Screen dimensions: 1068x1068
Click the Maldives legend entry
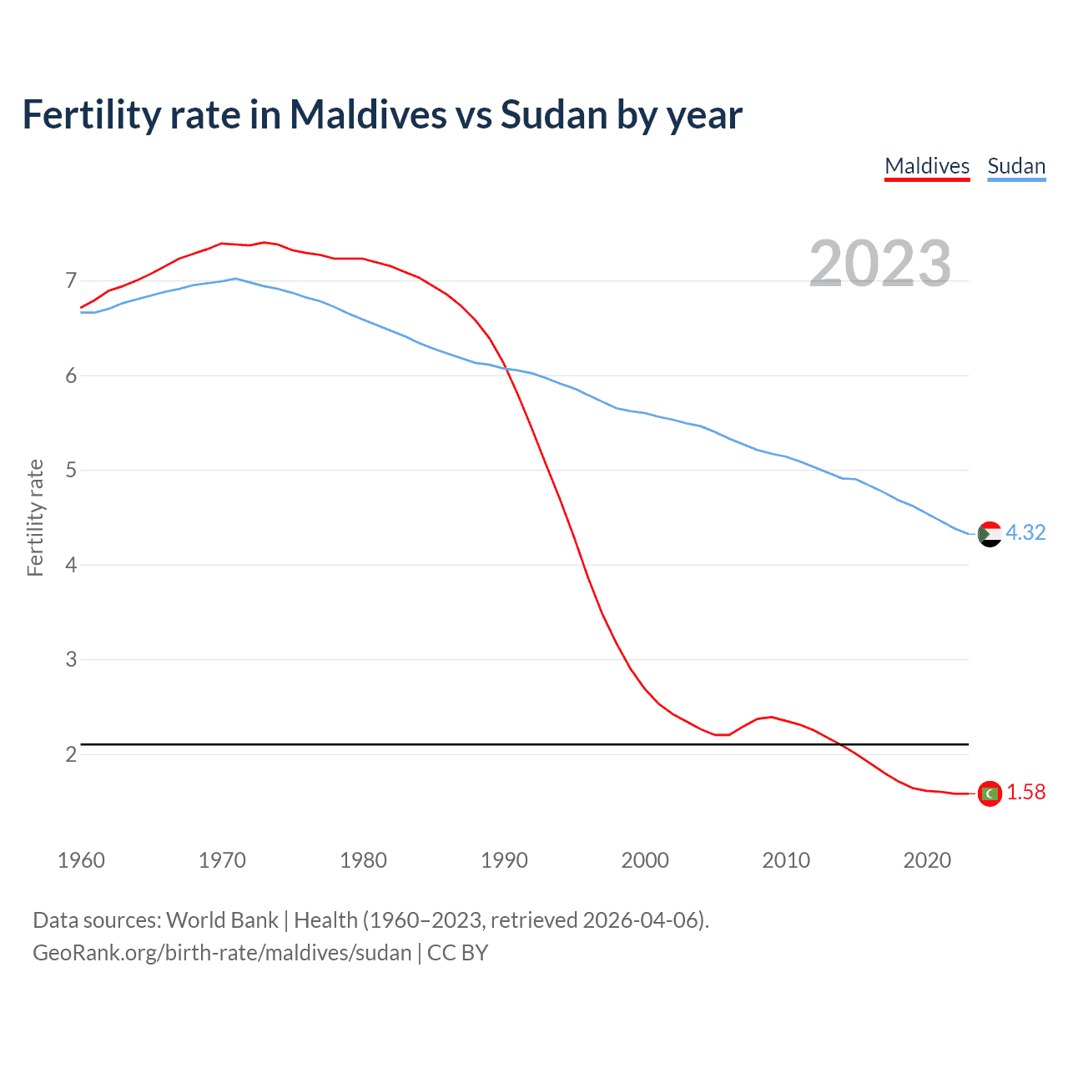coord(927,166)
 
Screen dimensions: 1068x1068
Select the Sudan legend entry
coord(1016,166)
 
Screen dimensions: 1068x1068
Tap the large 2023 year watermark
coord(880,264)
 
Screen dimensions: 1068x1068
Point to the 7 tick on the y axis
coord(71,281)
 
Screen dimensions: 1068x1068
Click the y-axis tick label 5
coord(71,471)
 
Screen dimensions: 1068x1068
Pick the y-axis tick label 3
coord(71,660)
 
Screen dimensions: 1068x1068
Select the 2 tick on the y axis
coord(71,754)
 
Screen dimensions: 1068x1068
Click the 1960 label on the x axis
coord(81,860)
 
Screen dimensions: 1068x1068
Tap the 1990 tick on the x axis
coord(504,860)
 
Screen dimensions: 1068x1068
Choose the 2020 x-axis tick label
coord(927,860)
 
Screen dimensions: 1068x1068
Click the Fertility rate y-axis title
coord(35,517)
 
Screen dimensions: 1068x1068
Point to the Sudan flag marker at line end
coord(990,534)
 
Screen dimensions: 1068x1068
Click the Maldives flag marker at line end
coord(990,793)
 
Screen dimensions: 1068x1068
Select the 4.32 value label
coord(1025,533)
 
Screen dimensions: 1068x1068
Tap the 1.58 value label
coord(1025,793)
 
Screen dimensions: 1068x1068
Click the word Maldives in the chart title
coord(368,115)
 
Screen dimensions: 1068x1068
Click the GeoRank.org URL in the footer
coord(222,953)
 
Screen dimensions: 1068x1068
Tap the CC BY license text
coord(457,953)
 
